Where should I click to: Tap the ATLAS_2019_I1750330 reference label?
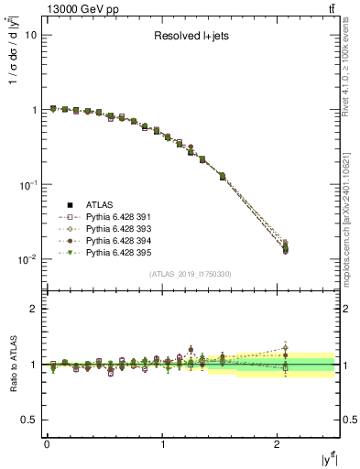(189, 274)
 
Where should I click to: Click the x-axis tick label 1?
(163, 445)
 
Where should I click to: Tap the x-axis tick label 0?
(47, 445)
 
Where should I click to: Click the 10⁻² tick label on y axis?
(28, 259)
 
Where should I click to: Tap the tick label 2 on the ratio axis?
(35, 309)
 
